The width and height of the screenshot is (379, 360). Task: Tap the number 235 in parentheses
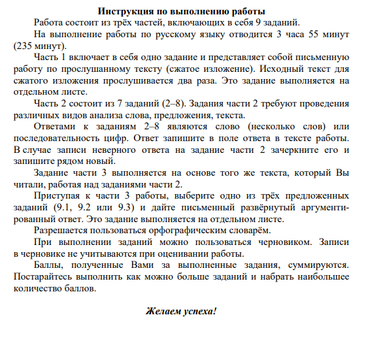tap(24, 46)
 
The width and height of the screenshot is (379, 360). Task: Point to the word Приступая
tap(57, 195)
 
